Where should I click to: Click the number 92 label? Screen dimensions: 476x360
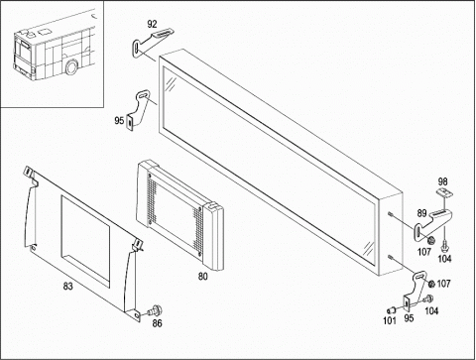coord(152,24)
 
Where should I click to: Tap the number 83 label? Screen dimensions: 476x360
coord(67,286)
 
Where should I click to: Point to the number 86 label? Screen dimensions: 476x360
coord(157,323)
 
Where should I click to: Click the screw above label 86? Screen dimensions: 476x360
coord(155,310)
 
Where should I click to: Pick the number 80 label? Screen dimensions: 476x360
coord(203,276)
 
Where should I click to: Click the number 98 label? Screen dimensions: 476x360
coord(442,181)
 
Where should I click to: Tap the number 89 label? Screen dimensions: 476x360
coord(421,213)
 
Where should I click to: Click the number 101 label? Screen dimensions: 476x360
coord(390,320)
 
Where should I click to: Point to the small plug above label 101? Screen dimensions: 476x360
coord(392,310)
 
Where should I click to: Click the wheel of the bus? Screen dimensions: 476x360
coord(71,67)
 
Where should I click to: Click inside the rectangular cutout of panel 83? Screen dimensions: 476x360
coord(85,240)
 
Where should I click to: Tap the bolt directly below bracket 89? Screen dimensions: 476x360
coord(444,246)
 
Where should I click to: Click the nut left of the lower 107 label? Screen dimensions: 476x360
coord(431,284)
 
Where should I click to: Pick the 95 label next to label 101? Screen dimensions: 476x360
coord(409,318)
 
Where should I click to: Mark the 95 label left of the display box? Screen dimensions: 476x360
coord(119,121)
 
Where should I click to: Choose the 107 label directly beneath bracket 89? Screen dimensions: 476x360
coord(424,252)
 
